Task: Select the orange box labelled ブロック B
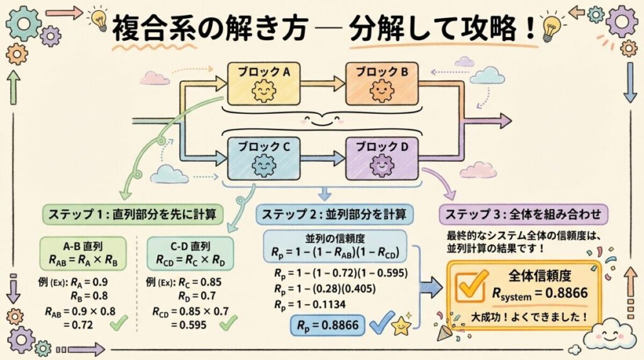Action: tap(381, 84)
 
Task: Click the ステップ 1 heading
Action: tap(133, 214)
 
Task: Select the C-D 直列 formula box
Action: tap(190, 252)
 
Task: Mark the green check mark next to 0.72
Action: tap(120, 324)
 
